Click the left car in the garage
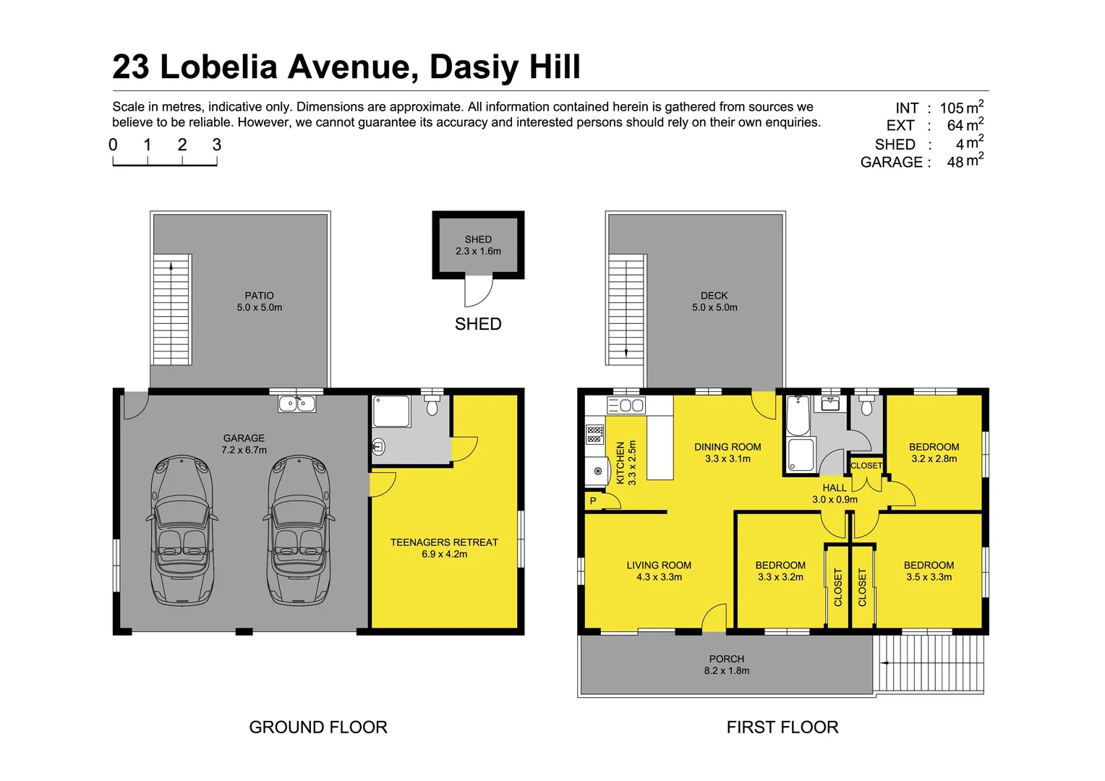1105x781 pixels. [x=183, y=530]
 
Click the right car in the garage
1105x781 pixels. [x=300, y=530]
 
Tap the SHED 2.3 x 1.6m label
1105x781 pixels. [x=478, y=245]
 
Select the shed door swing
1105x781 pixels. [x=478, y=292]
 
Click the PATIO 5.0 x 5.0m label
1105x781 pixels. [x=259, y=301]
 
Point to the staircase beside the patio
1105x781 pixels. [x=172, y=310]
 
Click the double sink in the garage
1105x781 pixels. [x=297, y=404]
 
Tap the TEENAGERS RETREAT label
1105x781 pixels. [x=444, y=547]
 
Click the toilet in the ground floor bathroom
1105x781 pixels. [x=432, y=406]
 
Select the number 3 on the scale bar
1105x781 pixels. [x=216, y=145]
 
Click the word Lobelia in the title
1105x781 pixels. [x=218, y=67]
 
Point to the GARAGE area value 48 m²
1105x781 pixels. [x=965, y=161]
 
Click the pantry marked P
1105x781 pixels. [x=593, y=500]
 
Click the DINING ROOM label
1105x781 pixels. [x=728, y=453]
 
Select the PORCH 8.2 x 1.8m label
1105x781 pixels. [x=727, y=665]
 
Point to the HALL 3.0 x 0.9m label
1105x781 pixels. [x=835, y=493]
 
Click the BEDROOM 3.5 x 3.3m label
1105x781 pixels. [x=929, y=571]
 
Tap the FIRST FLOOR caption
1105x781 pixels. [x=782, y=727]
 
